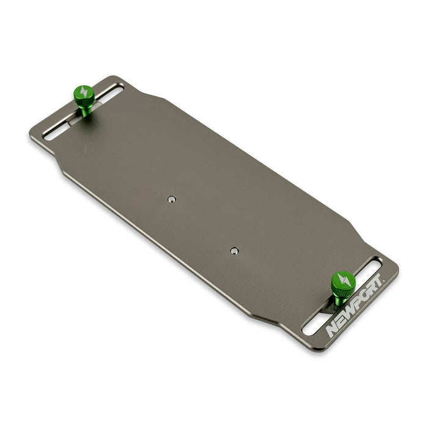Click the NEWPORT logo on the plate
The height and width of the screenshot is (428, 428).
point(355,306)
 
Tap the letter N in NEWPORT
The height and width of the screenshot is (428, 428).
point(332,330)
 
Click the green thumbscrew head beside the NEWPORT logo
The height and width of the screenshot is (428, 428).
point(343,282)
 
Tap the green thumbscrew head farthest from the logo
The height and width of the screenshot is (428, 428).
point(84,95)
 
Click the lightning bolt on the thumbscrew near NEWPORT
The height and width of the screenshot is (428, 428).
point(343,281)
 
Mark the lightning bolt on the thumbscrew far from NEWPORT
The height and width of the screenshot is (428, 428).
point(84,94)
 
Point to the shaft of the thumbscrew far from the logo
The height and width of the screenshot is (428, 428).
point(87,109)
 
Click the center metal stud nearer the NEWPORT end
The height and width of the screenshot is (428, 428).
point(234,250)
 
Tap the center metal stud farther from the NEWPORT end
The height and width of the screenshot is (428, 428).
point(172,199)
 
